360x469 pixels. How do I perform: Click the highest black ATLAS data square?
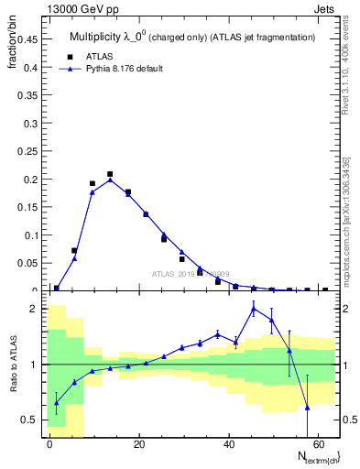(110, 174)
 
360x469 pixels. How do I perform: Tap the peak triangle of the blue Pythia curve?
(110, 180)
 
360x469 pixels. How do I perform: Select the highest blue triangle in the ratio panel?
(254, 309)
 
